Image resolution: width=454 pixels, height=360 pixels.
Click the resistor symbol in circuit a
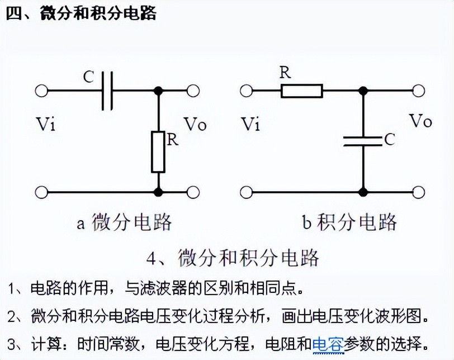click(x=158, y=150)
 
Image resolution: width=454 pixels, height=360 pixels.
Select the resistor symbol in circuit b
click(x=301, y=91)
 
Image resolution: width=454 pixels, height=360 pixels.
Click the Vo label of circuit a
click(x=195, y=124)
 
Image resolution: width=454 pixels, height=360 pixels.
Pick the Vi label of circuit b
click(x=250, y=124)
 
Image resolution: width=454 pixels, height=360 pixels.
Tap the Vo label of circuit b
click(x=420, y=121)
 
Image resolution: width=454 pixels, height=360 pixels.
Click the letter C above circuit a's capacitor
click(x=88, y=77)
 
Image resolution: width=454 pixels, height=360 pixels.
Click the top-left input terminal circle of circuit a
click(x=41, y=91)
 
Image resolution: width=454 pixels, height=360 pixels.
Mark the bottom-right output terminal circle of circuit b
click(x=422, y=192)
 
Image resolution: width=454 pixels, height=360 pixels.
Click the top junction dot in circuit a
click(x=158, y=91)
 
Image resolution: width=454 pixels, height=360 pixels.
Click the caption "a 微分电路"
click(x=124, y=222)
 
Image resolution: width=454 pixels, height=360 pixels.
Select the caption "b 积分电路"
click(x=349, y=222)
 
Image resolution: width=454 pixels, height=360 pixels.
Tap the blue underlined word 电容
click(x=328, y=342)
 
